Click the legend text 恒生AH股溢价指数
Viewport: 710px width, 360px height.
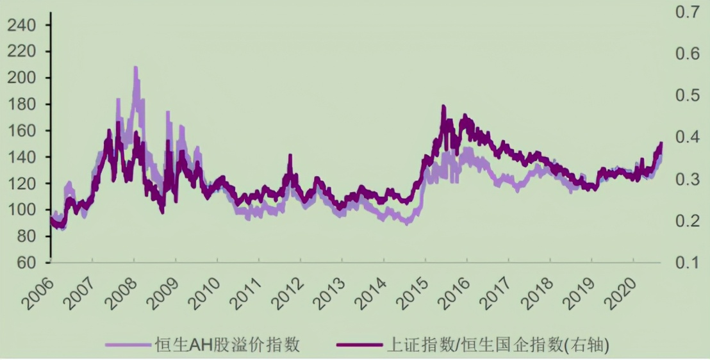click(227, 345)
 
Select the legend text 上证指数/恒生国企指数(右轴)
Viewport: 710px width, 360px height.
click(497, 345)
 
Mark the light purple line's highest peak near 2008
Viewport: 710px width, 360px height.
click(135, 67)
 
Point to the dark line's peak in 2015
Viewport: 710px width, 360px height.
click(443, 107)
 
